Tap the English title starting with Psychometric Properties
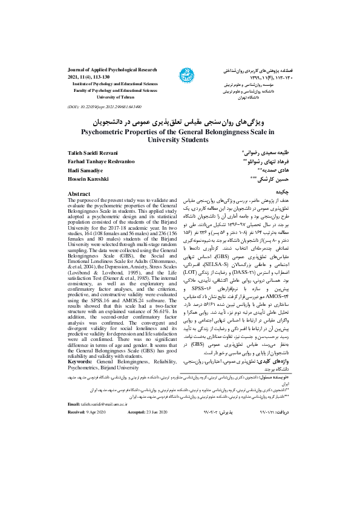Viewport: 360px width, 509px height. point(180,131)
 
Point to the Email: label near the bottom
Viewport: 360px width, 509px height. point(74,403)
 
